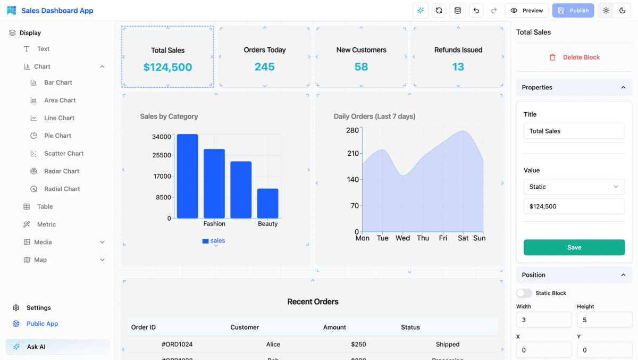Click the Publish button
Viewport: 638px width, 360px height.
(x=573, y=11)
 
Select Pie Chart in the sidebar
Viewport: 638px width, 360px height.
(x=57, y=136)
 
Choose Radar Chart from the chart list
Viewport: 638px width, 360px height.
(x=61, y=171)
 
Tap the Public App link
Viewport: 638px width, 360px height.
(x=42, y=324)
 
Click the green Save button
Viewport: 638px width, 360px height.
(x=574, y=247)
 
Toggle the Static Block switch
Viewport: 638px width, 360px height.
(x=524, y=293)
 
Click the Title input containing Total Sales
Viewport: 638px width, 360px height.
(x=574, y=131)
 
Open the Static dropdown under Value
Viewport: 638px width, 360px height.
(x=574, y=187)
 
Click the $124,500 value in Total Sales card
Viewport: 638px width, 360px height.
(x=167, y=67)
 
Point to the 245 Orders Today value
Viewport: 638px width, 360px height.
(x=264, y=67)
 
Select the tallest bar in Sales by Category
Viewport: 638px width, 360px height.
(x=187, y=176)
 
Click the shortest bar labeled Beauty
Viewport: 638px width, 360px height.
(x=267, y=203)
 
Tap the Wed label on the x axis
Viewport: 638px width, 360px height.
(x=402, y=238)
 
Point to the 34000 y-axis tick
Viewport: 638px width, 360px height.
(x=162, y=137)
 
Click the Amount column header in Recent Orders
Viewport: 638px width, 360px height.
(x=334, y=328)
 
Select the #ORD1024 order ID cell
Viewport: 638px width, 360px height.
(x=177, y=345)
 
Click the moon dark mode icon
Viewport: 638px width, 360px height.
(x=623, y=11)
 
